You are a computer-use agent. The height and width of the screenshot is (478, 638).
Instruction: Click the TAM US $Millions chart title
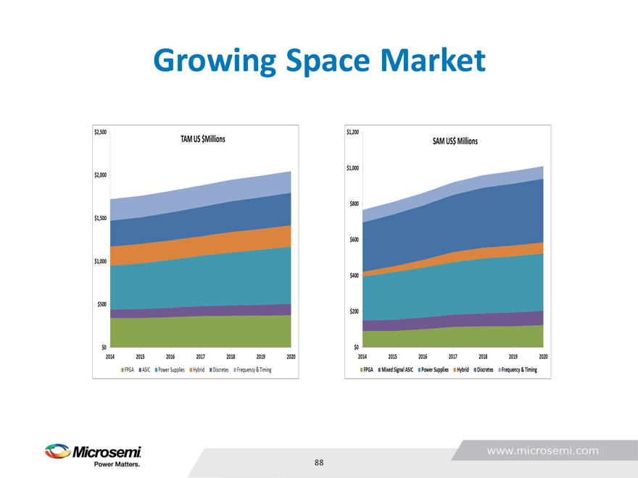tap(202, 138)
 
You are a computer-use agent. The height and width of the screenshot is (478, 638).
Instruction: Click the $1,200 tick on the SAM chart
tap(352, 132)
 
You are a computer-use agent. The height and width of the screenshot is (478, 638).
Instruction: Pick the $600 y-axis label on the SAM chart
tap(354, 240)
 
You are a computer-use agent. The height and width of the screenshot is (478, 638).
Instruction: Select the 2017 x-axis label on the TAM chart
tap(200, 357)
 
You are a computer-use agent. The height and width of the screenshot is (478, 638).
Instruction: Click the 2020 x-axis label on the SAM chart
tap(543, 357)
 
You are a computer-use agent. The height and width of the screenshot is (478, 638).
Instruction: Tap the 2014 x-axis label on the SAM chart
tap(362, 357)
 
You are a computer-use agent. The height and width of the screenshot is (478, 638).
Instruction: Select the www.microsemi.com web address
tap(543, 450)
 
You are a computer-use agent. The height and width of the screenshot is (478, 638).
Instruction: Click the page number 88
tap(319, 463)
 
